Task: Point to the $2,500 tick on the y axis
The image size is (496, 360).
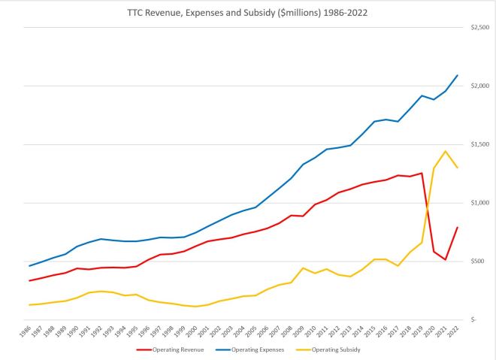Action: tap(479, 27)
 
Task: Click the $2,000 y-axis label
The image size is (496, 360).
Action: tap(479, 86)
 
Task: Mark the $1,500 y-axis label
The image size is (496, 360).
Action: tap(479, 144)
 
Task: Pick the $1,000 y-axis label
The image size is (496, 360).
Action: tap(479, 203)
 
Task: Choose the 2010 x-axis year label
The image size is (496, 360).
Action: tap(311, 331)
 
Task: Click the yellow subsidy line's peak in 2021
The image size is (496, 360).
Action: tap(446, 151)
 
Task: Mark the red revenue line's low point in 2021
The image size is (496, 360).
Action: tap(446, 259)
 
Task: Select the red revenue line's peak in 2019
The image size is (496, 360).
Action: tap(422, 173)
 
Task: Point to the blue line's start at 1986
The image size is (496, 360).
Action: tap(30, 265)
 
